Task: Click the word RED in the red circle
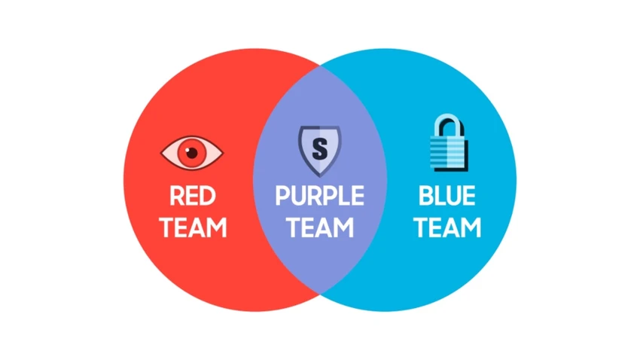click(x=193, y=196)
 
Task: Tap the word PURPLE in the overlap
click(x=319, y=196)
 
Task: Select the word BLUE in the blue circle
click(x=447, y=196)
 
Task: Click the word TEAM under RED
click(x=193, y=227)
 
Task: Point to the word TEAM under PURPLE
click(x=319, y=227)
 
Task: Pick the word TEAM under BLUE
click(x=447, y=227)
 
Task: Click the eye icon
click(x=192, y=153)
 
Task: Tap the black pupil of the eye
click(x=191, y=153)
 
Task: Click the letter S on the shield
click(x=319, y=149)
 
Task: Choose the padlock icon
click(x=449, y=142)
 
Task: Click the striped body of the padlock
click(x=448, y=153)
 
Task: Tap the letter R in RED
click(x=177, y=196)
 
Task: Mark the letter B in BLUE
click(x=425, y=196)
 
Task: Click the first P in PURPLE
click(x=282, y=196)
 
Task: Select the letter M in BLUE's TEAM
click(x=471, y=227)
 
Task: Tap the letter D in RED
click(x=208, y=196)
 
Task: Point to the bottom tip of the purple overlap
click(x=320, y=294)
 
